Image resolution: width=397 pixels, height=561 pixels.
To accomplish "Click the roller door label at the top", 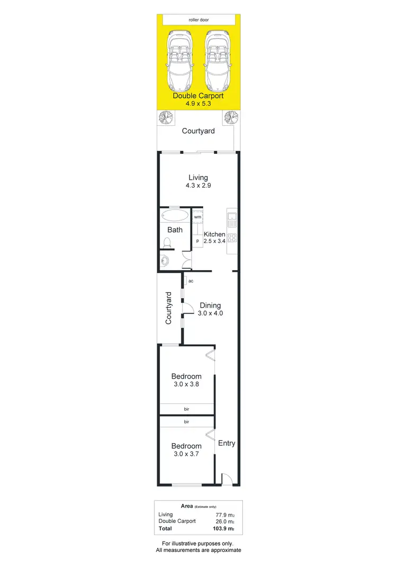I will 198,20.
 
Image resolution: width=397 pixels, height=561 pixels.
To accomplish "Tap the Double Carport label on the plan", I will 198,96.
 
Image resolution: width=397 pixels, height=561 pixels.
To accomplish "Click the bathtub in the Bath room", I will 174,216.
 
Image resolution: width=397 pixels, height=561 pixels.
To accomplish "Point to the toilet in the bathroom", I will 168,243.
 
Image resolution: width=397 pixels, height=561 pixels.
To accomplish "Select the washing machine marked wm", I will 197,217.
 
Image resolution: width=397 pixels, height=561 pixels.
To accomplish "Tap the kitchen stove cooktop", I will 232,237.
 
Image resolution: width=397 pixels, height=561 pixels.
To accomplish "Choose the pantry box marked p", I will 197,241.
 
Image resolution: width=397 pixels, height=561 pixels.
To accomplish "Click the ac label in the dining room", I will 191,281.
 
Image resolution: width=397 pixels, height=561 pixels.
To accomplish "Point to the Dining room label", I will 210,305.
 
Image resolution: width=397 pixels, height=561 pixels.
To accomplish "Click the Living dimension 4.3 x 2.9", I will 198,186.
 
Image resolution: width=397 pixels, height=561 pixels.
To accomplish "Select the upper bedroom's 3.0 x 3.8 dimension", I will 186,384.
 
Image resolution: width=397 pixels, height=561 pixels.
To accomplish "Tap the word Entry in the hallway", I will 227,443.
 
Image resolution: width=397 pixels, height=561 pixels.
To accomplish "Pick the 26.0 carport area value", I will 221,521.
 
